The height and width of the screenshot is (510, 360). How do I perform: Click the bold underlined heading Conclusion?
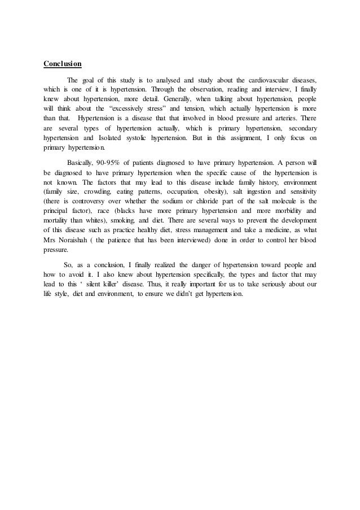(63, 63)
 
